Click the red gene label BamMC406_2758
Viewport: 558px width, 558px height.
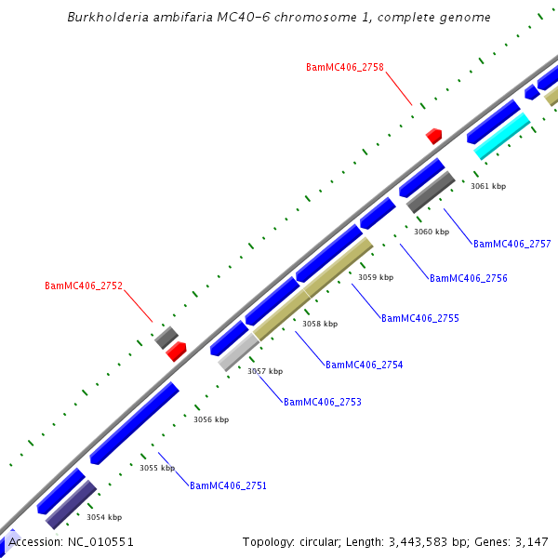[x=344, y=67]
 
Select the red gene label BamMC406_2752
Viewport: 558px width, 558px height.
[x=84, y=286]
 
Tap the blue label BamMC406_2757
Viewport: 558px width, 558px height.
[x=511, y=244]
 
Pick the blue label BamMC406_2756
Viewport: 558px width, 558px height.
[x=468, y=278]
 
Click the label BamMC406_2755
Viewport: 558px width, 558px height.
[x=419, y=318]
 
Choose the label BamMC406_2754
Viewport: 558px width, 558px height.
[x=364, y=365]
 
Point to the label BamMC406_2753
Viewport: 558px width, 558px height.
[x=322, y=402]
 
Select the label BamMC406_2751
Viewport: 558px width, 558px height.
[x=228, y=485]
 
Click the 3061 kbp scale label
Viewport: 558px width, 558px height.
[x=487, y=186]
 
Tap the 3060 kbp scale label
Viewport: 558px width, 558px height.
[x=431, y=232]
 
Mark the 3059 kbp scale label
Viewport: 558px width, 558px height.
[x=375, y=277]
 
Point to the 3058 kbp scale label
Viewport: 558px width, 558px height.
[x=319, y=324]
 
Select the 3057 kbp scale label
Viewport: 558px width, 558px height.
[x=264, y=371]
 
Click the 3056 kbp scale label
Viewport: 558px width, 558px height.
[x=210, y=419]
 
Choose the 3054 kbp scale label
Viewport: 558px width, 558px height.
[x=103, y=517]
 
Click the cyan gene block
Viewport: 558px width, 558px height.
[x=501, y=136]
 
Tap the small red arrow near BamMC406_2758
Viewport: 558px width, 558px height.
[x=433, y=136]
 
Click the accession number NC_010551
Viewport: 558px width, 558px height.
[x=101, y=541]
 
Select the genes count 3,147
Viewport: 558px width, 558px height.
[x=530, y=541]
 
